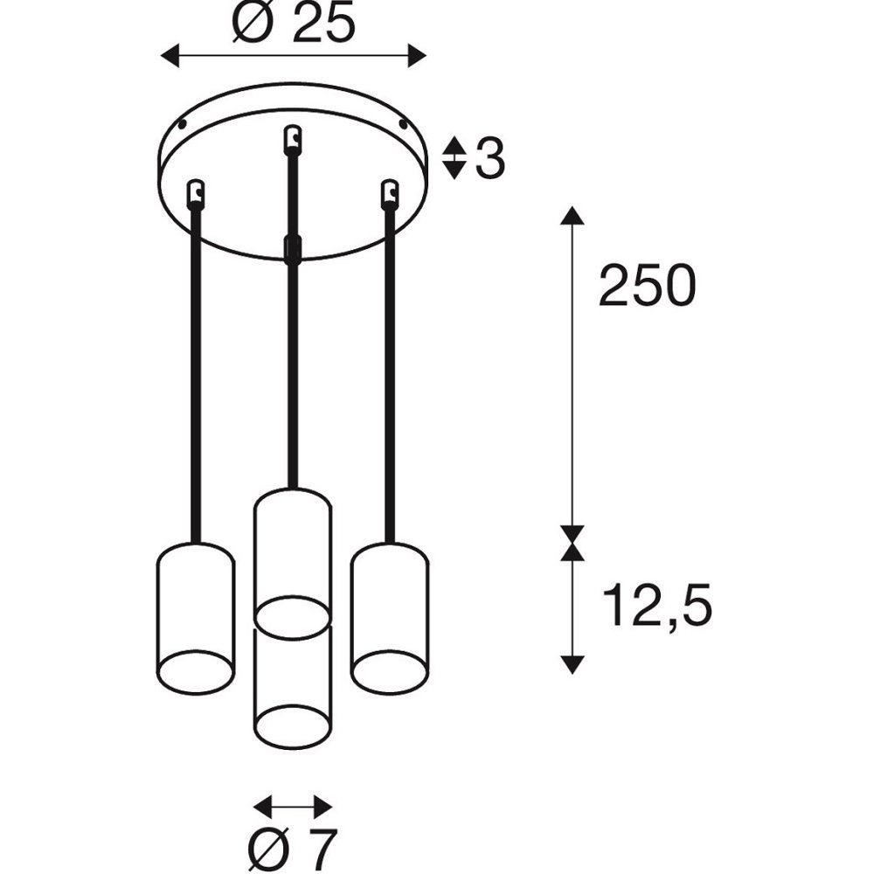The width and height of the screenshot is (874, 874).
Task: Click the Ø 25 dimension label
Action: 294,24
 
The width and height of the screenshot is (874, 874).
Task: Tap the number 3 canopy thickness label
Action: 490,158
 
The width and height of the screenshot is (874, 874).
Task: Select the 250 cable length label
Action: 647,286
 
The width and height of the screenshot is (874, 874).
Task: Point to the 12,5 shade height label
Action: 657,606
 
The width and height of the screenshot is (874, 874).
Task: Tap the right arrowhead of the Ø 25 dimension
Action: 417,56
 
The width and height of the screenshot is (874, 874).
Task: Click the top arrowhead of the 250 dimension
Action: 572,215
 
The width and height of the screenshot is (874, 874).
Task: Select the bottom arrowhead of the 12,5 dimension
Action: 572,665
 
